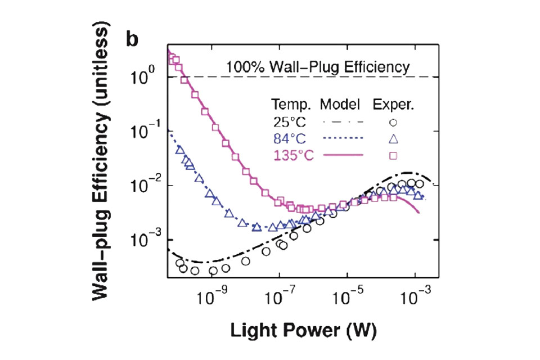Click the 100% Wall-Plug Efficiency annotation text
click(x=318, y=67)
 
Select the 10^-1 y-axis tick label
click(x=144, y=131)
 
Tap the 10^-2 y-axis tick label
click(x=144, y=186)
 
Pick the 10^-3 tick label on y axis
click(x=144, y=240)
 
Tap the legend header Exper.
click(x=394, y=105)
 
